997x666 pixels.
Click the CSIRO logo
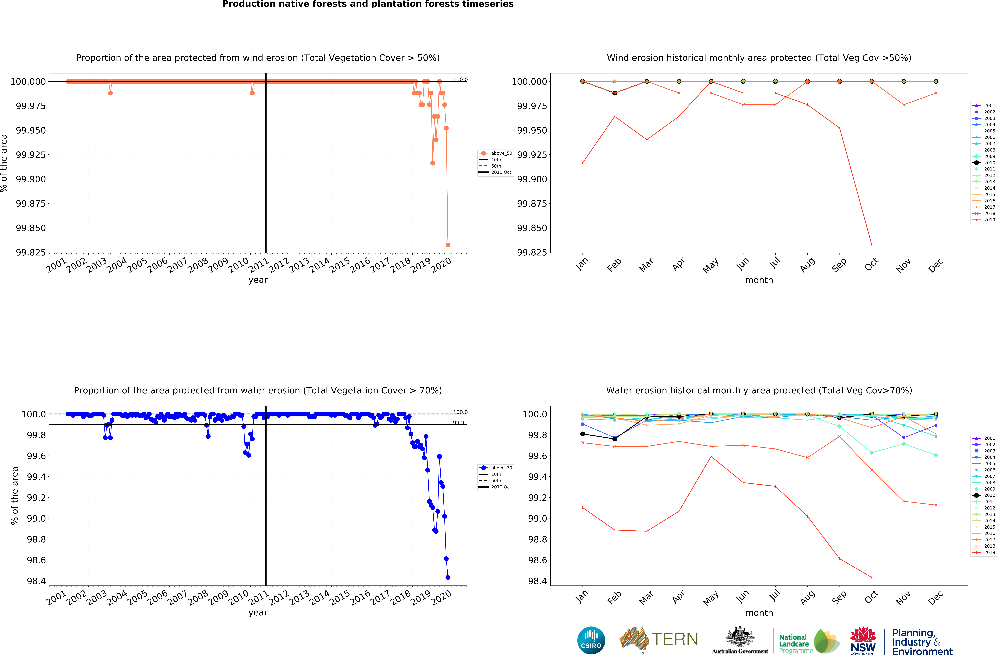[x=591, y=640]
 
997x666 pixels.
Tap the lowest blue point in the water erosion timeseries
[x=448, y=577]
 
